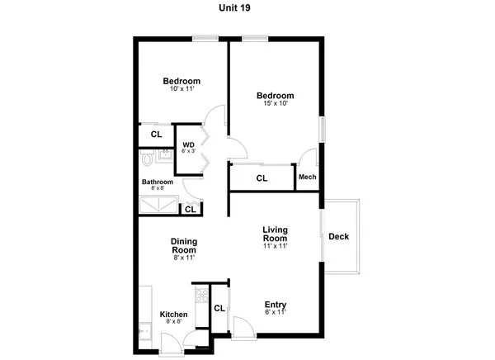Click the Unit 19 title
(247, 7)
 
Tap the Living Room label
(274, 234)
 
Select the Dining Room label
(184, 246)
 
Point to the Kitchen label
(173, 315)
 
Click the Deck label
(338, 237)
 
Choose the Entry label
(275, 304)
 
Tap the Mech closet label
(307, 177)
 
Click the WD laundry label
(189, 144)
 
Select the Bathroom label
(157, 182)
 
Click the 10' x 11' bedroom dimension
(181, 89)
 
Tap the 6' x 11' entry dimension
(275, 313)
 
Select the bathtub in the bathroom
(157, 206)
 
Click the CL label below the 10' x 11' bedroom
(156, 134)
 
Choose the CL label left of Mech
(262, 178)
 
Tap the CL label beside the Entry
(219, 309)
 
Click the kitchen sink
(144, 331)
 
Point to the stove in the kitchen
(198, 294)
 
